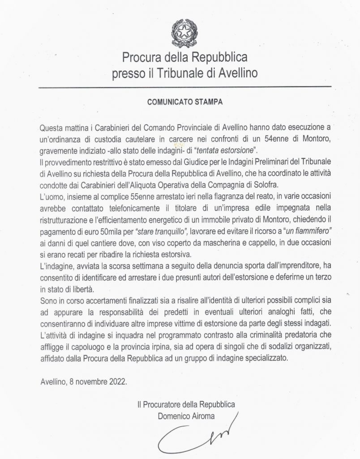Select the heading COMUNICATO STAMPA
coord(185,101)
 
